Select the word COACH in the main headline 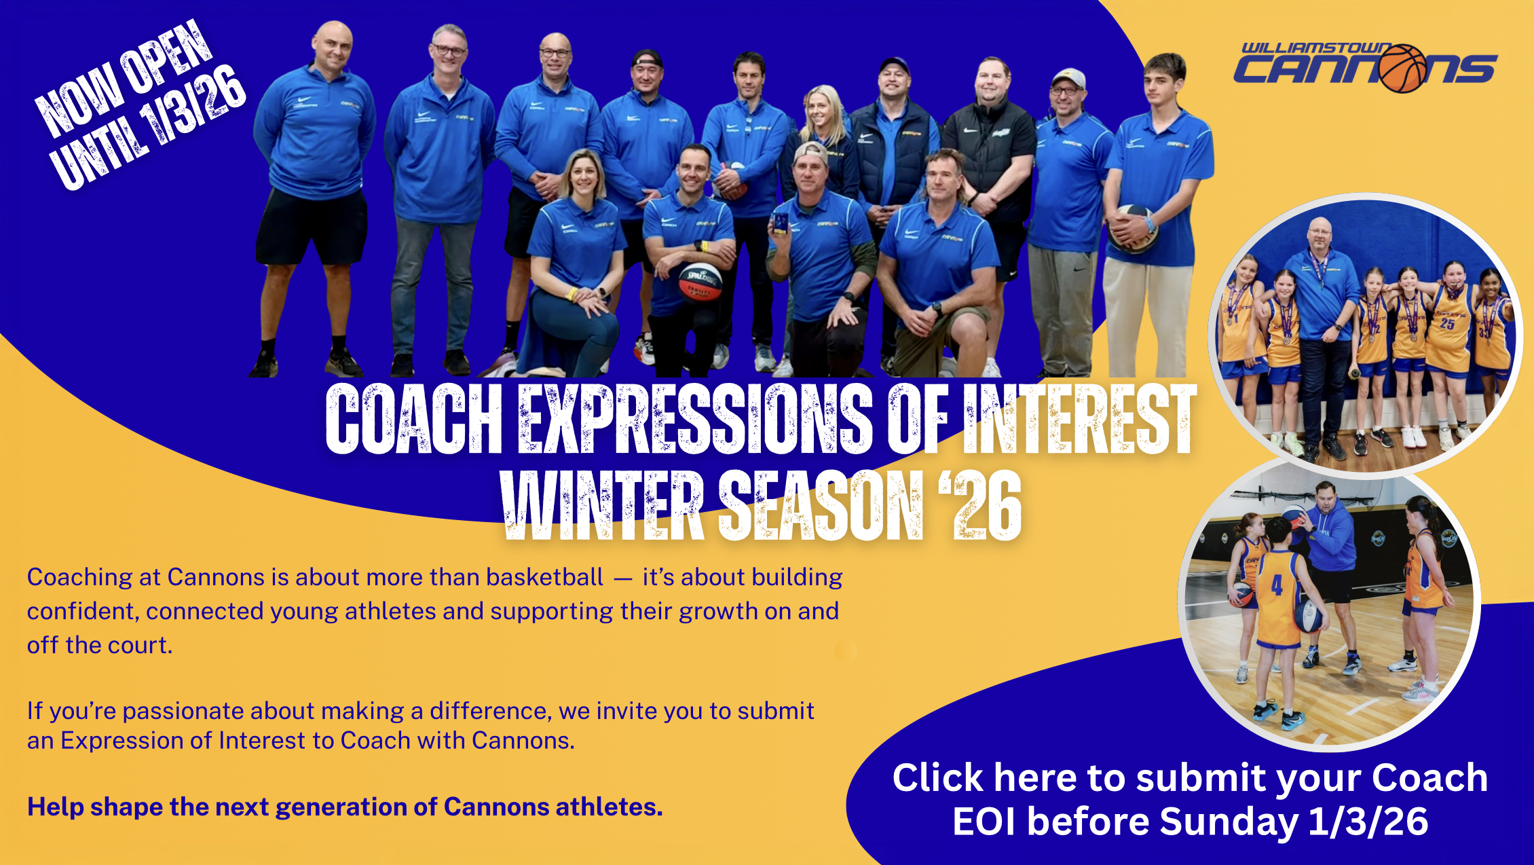pos(413,419)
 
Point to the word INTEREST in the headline pos(1080,419)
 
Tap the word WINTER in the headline pos(601,506)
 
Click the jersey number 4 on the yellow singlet pos(1277,585)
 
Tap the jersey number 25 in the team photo pos(1446,324)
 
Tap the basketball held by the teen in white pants pos(1132,227)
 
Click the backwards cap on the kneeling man pos(810,151)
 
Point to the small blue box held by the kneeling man pos(781,223)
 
